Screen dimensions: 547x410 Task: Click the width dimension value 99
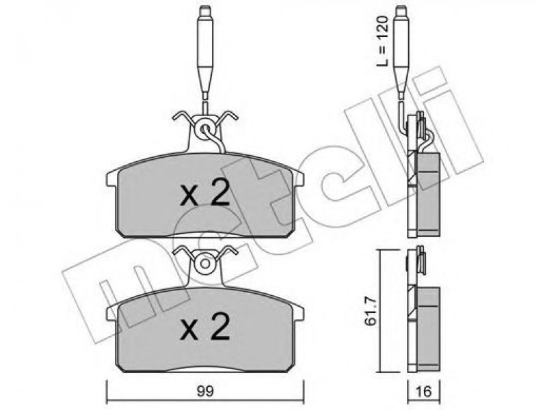[204, 391]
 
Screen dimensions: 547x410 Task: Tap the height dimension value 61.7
[371, 311]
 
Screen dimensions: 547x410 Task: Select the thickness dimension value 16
[423, 392]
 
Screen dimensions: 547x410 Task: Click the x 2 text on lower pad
[205, 326]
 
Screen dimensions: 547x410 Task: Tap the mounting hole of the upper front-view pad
[205, 129]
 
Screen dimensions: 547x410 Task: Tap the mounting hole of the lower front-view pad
[205, 264]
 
